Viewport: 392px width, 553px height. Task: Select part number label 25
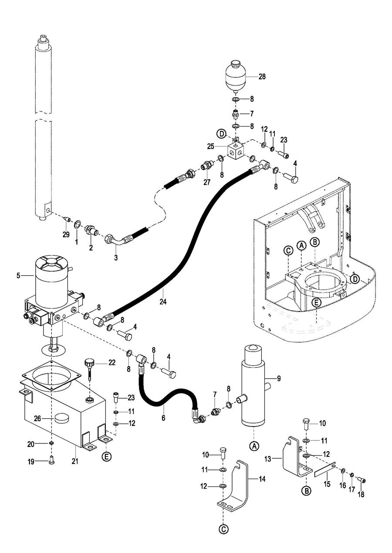pos(211,147)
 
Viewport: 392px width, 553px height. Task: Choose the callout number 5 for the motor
pos(18,275)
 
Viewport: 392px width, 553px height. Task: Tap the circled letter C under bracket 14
pos(223,530)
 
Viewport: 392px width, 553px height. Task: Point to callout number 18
pos(361,494)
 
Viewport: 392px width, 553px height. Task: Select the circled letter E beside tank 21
pos(106,456)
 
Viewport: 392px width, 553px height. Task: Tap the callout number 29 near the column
pos(66,235)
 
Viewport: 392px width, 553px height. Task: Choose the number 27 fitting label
pos(207,183)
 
